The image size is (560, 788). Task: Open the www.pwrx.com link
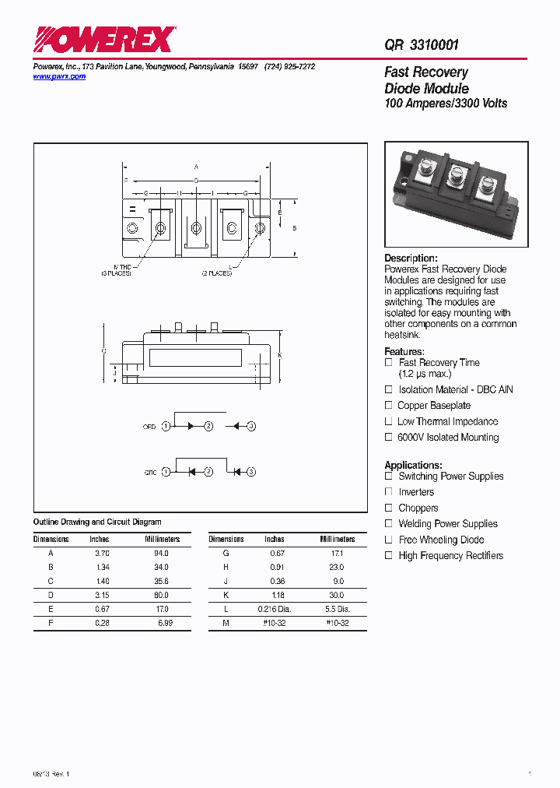59,76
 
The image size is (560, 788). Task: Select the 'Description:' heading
411,259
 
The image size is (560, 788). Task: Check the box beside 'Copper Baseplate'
389,406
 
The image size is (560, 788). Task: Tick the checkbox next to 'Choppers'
389,508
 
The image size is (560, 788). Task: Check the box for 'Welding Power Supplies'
389,524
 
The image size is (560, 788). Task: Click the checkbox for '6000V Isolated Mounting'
389,438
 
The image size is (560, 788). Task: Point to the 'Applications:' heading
413,465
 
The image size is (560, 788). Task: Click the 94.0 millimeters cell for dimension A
162,553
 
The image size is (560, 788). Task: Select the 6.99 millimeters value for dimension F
162,623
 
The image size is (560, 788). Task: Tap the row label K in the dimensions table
226,595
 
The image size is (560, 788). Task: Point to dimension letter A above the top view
197,167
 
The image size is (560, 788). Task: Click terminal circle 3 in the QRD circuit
251,427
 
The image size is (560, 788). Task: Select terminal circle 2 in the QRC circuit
208,472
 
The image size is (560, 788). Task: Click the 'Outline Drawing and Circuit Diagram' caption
97,522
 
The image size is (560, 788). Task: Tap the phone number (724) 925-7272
289,68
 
